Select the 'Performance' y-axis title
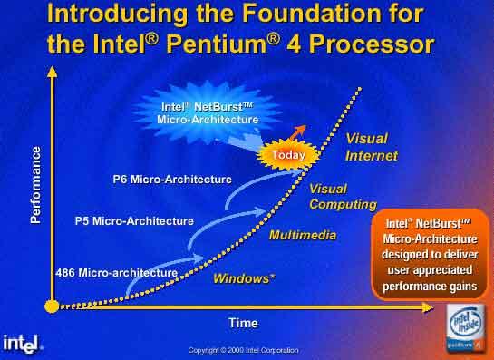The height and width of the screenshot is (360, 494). (37, 187)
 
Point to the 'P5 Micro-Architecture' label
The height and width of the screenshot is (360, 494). (133, 220)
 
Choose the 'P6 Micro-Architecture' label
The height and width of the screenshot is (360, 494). (171, 180)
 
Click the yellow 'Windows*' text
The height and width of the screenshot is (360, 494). (244, 278)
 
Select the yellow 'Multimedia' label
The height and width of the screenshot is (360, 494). (303, 235)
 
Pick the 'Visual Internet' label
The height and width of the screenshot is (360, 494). (371, 147)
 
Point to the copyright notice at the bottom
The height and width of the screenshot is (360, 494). (242, 350)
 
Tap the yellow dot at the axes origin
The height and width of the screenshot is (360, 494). (52, 306)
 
